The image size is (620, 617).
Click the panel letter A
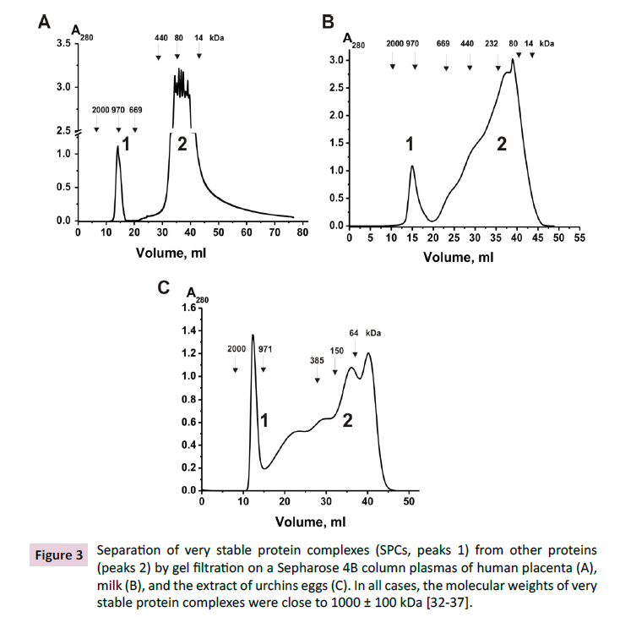tap(45, 23)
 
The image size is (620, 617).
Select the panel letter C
tap(166, 288)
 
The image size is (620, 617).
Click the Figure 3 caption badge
tap(59, 555)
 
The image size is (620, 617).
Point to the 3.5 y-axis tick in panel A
tap(62, 42)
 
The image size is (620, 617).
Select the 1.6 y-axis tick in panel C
tap(188, 308)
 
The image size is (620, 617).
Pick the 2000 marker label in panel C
tap(236, 348)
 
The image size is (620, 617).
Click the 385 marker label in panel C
tap(318, 358)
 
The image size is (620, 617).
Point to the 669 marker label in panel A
tap(136, 109)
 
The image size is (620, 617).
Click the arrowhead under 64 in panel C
tap(355, 354)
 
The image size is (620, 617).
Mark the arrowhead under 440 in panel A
tap(158, 57)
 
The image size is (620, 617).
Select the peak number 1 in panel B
tap(410, 145)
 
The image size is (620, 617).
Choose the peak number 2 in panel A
tap(182, 144)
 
